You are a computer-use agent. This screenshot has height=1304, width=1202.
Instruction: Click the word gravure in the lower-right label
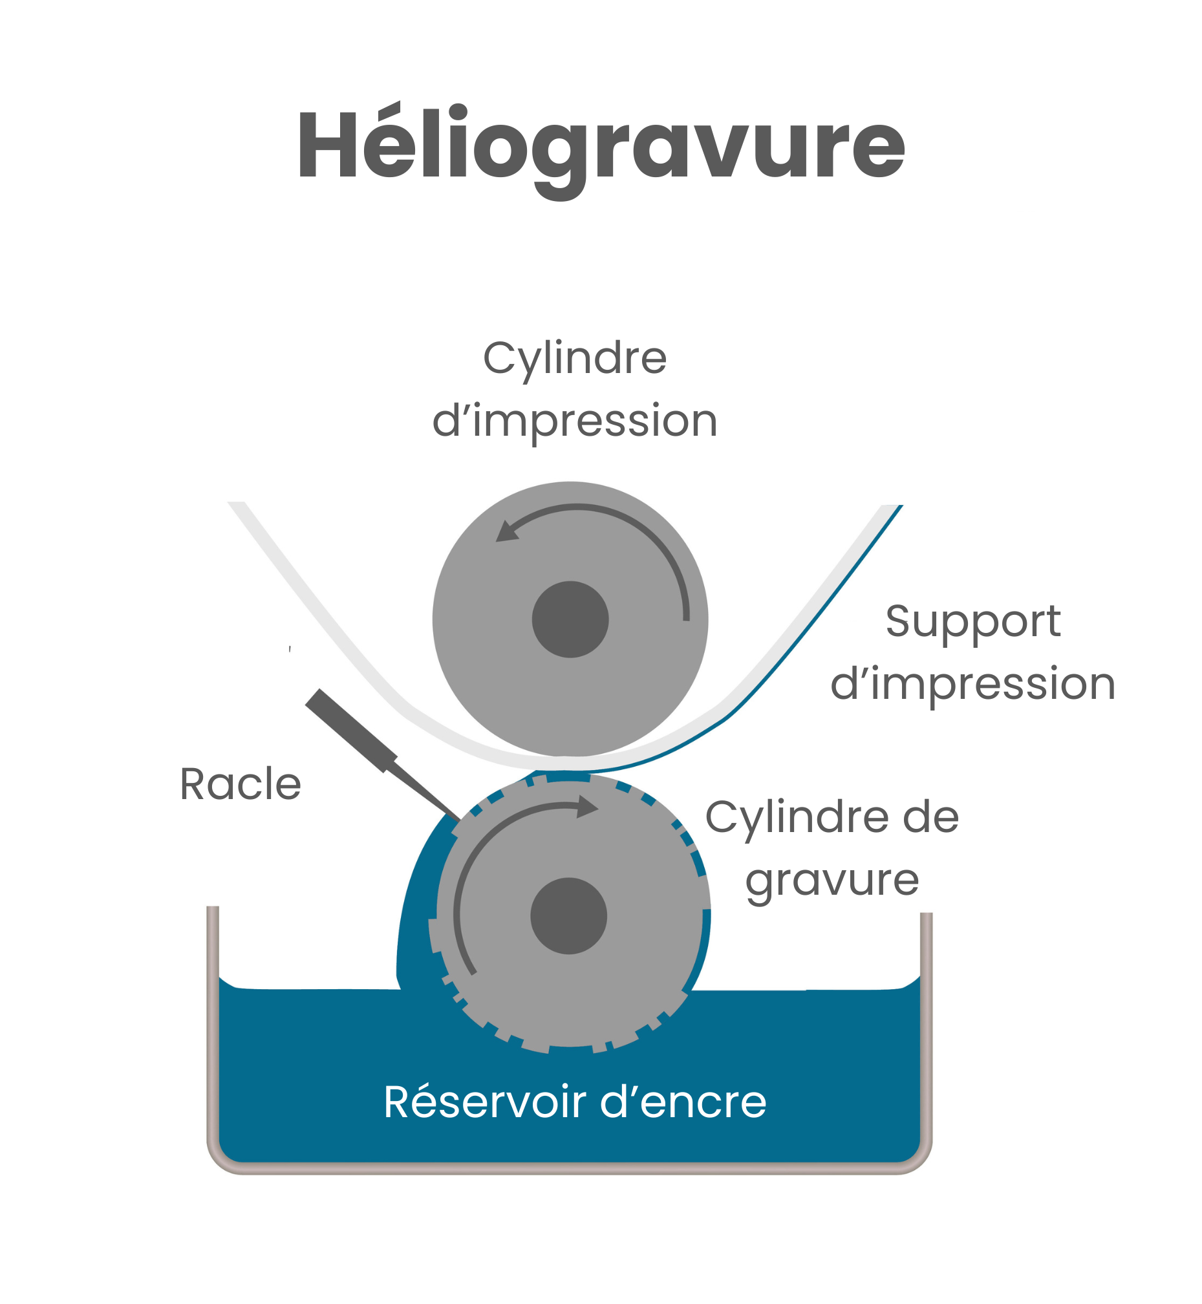[x=832, y=881]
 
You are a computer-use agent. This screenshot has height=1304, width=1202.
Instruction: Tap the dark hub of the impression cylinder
[x=570, y=619]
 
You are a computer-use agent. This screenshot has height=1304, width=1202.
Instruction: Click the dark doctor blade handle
[x=350, y=730]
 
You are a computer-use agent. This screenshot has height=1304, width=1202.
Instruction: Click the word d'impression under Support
[x=973, y=684]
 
